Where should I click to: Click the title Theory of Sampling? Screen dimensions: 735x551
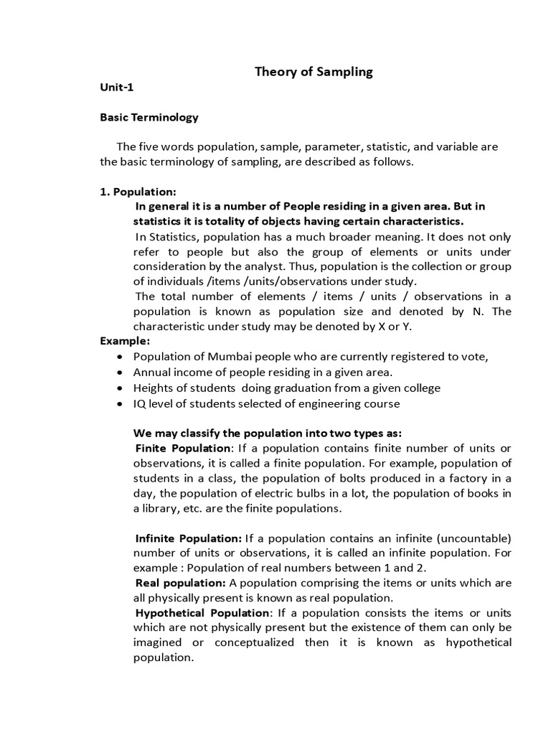(x=315, y=72)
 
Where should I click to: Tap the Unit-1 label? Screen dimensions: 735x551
(x=116, y=88)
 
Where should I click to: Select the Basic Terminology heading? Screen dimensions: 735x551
(x=149, y=117)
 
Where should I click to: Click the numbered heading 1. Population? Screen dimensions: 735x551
(x=137, y=192)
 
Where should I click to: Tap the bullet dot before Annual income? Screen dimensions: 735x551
(x=119, y=373)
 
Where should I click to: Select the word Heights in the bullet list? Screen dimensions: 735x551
(x=154, y=388)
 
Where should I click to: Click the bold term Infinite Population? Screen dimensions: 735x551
(x=189, y=538)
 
